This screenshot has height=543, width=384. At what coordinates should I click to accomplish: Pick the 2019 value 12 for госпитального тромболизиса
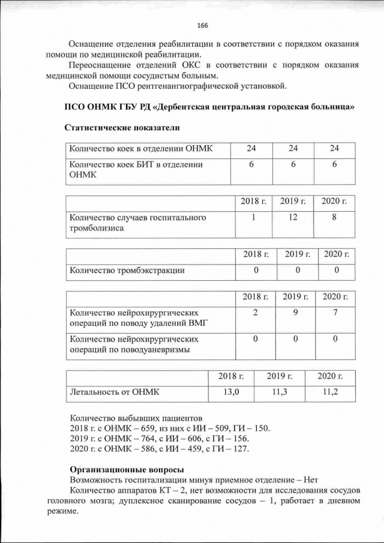[x=293, y=217]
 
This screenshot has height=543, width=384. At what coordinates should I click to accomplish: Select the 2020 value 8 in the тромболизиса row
[x=334, y=217]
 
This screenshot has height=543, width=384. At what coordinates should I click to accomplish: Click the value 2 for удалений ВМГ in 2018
[x=256, y=312]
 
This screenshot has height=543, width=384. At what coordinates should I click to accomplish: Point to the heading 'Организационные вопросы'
[x=127, y=469]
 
